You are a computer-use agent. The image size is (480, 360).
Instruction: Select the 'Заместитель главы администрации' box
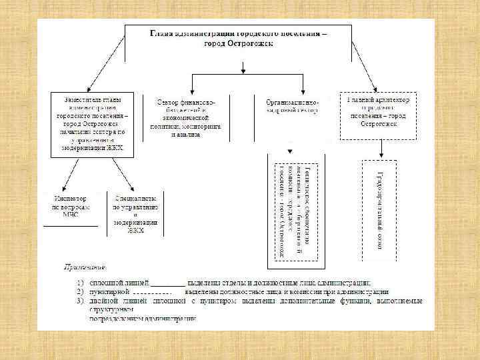[x=92, y=124]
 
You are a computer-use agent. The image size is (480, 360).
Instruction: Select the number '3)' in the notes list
[x=78, y=301]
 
